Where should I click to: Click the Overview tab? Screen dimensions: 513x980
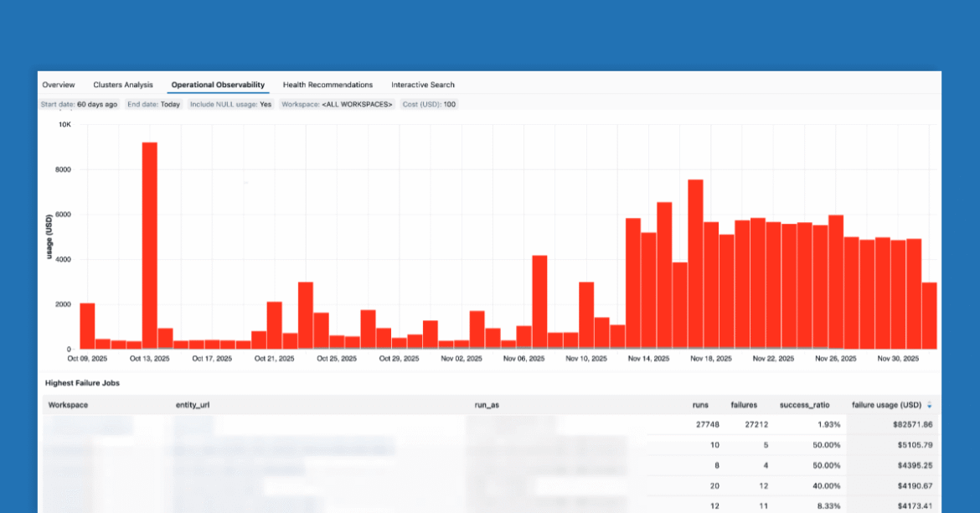point(59,85)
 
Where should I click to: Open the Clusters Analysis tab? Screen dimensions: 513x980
point(123,85)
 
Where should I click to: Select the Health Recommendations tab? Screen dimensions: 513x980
point(328,85)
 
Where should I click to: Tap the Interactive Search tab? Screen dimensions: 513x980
point(423,85)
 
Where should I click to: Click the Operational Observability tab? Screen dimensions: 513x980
point(218,85)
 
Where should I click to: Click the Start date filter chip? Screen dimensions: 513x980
point(80,105)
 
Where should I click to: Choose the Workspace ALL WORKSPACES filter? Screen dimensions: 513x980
point(337,105)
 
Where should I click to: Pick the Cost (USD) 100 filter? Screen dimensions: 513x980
point(429,105)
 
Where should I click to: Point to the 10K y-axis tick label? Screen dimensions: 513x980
point(64,125)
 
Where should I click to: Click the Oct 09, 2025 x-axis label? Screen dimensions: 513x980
point(88,359)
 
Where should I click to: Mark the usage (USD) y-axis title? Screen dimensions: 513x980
point(50,236)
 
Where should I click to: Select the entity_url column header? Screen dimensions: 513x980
point(193,405)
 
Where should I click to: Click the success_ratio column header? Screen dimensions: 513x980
point(806,405)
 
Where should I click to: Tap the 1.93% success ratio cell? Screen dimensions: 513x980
point(819,425)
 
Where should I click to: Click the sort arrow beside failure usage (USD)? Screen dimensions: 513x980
point(929,406)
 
